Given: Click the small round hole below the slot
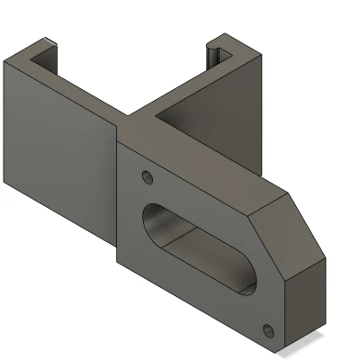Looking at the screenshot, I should click(x=266, y=327).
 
